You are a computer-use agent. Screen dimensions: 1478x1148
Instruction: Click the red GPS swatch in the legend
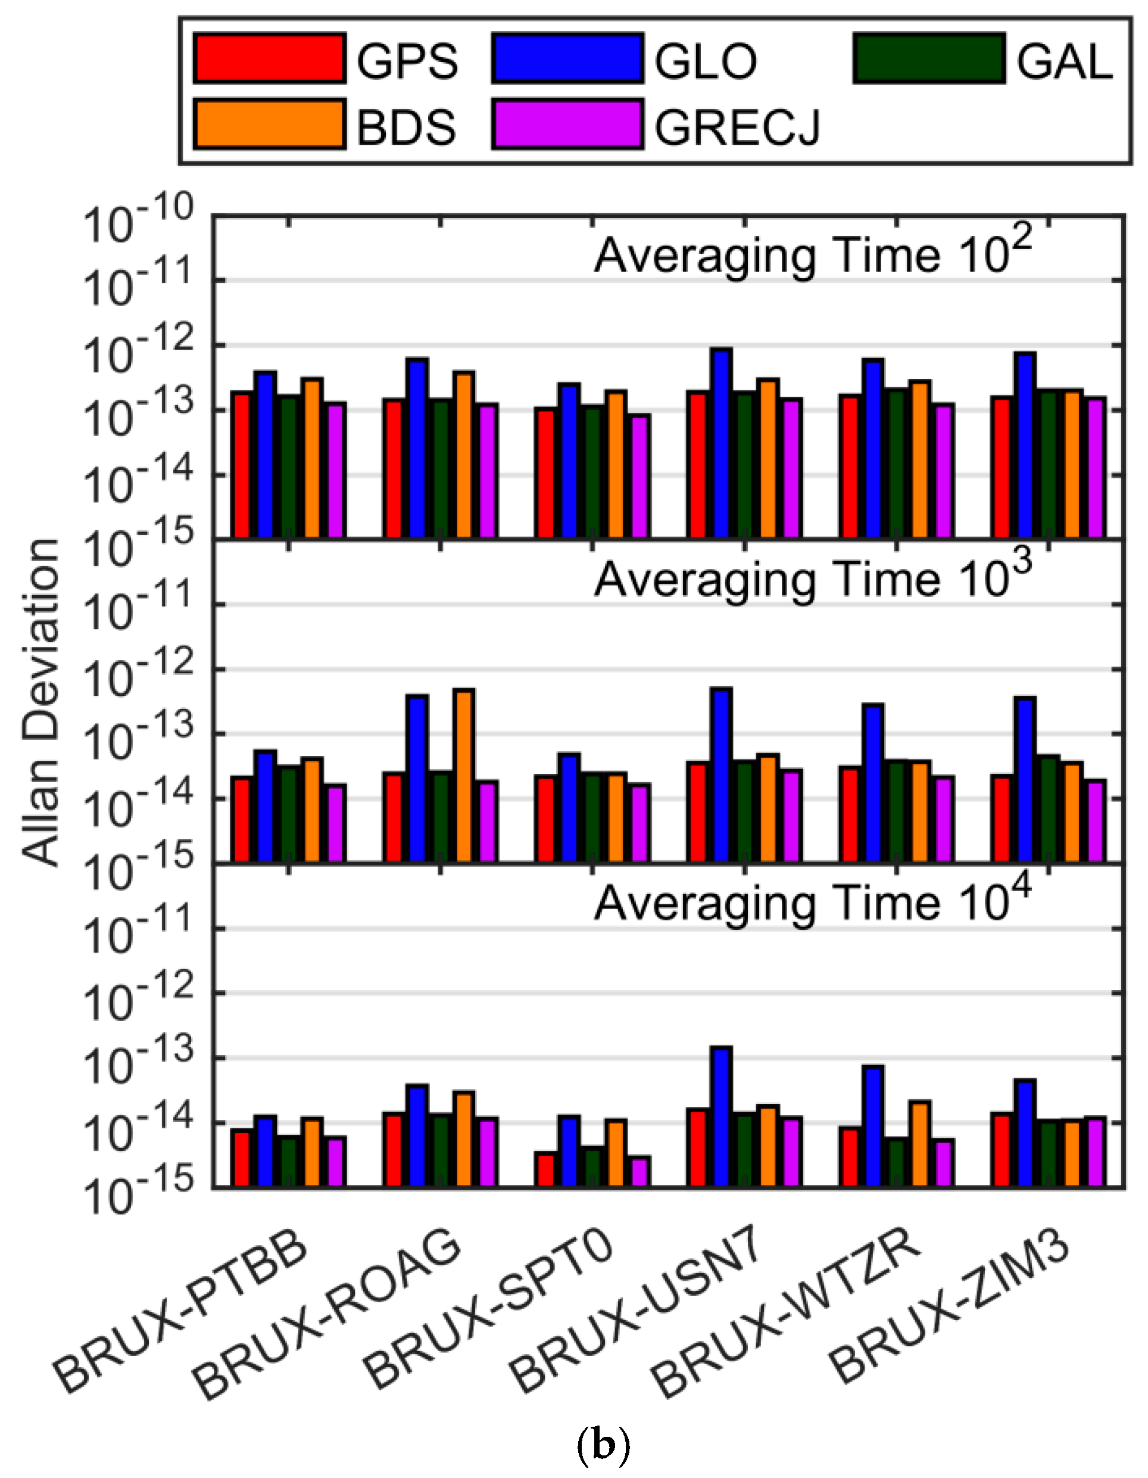269,59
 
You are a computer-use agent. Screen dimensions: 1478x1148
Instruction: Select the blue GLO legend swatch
567,59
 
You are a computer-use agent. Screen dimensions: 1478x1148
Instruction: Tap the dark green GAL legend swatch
928,59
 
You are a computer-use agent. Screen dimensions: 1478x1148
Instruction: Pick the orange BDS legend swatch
269,123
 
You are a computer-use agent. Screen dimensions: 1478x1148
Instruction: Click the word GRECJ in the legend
737,126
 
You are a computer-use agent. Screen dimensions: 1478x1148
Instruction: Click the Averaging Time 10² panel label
812,256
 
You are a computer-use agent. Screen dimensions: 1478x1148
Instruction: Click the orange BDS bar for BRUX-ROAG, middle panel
464,776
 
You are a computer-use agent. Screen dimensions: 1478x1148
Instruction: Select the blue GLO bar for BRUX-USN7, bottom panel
722,1116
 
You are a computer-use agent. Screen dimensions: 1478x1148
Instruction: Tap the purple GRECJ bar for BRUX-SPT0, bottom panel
640,1171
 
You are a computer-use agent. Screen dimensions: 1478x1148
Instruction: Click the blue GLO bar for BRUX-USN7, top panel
722,443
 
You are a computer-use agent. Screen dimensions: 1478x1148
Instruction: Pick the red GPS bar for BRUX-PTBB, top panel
242,464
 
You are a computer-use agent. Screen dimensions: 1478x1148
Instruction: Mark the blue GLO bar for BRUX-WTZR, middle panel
874,783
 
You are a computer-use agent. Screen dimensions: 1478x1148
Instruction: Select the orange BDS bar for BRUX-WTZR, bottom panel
919,1144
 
